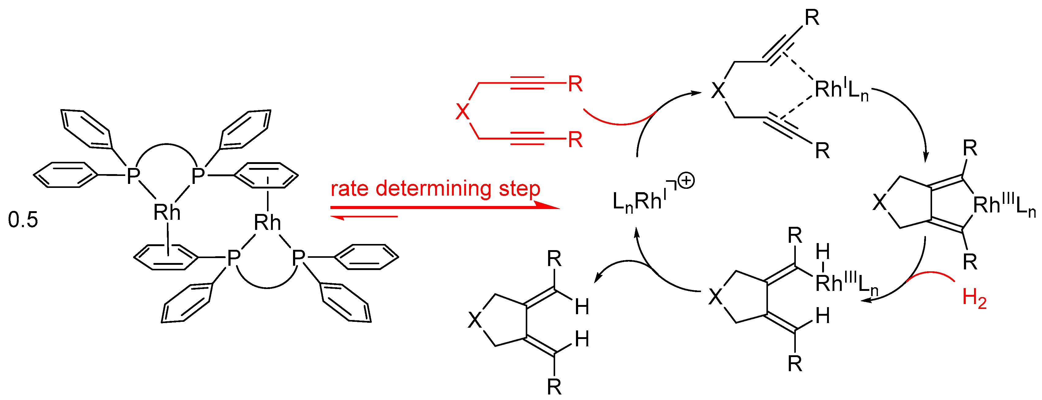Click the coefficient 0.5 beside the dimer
(x=23, y=220)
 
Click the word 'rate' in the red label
(x=349, y=189)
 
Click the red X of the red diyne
(x=462, y=111)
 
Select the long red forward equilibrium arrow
(x=445, y=207)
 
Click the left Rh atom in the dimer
(x=167, y=212)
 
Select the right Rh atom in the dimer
(x=267, y=222)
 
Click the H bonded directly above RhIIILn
(x=823, y=252)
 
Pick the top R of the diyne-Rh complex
(x=812, y=18)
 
